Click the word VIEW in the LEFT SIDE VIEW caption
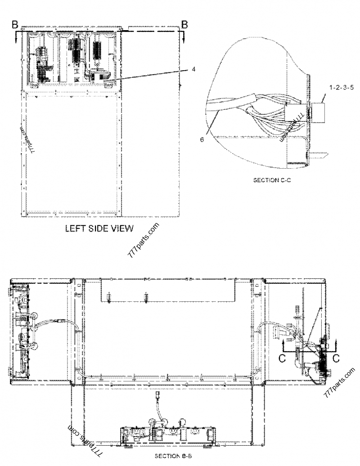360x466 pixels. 119,228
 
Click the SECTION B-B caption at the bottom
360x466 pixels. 174,456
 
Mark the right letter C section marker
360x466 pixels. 335,358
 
